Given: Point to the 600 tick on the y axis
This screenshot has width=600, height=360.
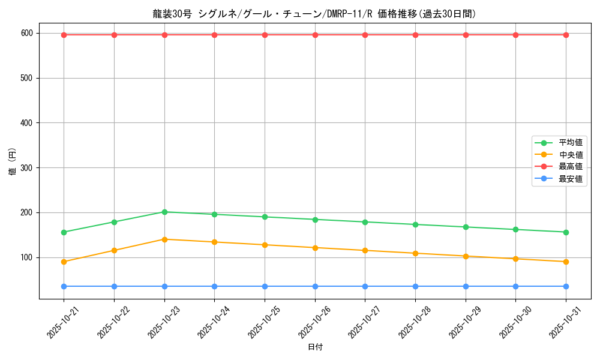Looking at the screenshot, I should point(26,34).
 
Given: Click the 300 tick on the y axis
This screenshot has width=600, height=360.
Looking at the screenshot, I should point(26,168).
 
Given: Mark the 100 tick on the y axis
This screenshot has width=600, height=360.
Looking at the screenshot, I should point(26,257).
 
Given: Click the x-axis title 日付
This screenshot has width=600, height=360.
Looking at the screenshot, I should point(315,347).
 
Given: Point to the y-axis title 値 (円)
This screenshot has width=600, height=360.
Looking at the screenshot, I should point(12,162).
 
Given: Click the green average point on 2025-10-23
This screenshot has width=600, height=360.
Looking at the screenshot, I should point(164,212).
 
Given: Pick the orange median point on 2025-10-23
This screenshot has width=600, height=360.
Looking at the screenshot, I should point(164,239).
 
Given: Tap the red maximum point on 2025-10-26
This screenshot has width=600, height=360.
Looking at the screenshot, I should point(315,35).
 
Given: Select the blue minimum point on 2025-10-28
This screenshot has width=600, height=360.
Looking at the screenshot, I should point(415,286).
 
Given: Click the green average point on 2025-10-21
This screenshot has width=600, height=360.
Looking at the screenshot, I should point(64,232).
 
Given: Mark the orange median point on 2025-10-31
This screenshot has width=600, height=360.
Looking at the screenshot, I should point(566,262).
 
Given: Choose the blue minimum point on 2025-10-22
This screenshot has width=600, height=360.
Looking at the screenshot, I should point(114,286).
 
